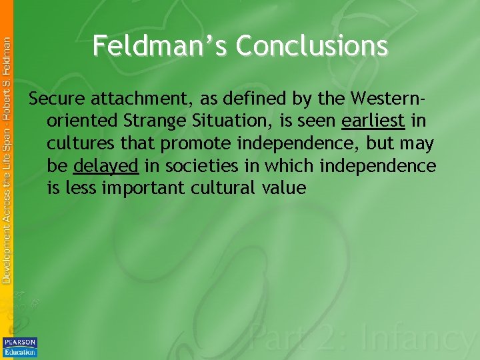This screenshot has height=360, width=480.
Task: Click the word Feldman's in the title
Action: click(x=160, y=46)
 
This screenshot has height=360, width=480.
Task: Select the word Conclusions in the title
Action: click(x=311, y=46)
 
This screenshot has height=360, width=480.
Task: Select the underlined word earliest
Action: click(x=373, y=122)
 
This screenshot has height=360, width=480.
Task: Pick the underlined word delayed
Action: click(x=106, y=166)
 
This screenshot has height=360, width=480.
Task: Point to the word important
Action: click(x=146, y=188)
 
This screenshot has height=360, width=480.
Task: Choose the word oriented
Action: click(x=80, y=122)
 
